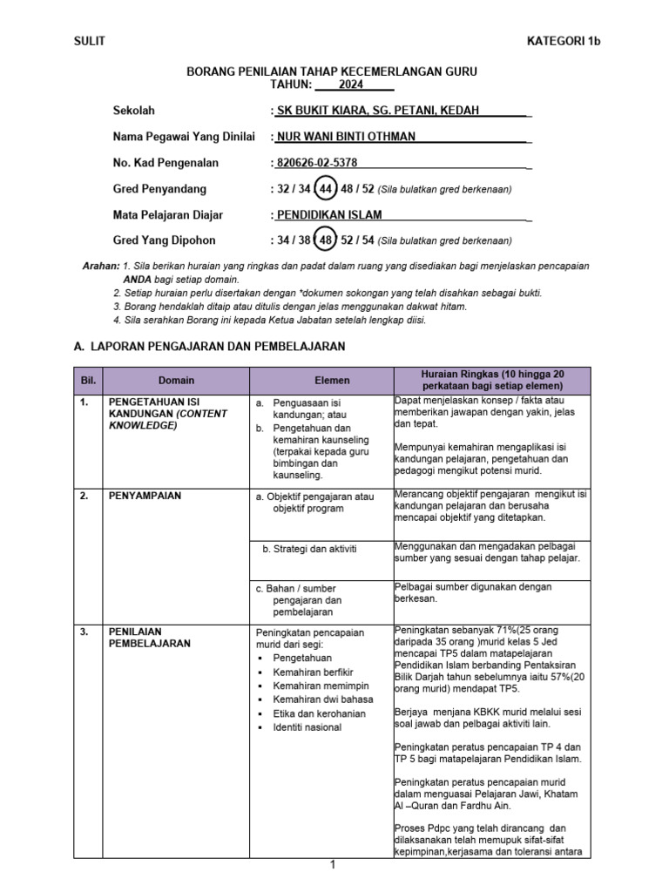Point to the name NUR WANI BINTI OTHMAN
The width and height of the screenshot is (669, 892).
[x=346, y=137]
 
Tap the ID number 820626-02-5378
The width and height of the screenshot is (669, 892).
[x=317, y=163]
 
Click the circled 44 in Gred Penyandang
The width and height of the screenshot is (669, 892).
[x=326, y=189]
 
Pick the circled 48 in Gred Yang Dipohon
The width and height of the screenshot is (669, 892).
[x=326, y=240]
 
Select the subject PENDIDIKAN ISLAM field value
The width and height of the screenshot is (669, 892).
[x=329, y=215]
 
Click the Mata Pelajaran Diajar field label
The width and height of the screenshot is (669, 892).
[x=168, y=215]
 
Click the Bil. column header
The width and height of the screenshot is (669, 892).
[x=88, y=381]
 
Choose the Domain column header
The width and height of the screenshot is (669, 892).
[x=176, y=381]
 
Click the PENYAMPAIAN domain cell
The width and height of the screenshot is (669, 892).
[x=145, y=496]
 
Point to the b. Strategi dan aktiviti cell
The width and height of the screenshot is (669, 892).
[x=309, y=549]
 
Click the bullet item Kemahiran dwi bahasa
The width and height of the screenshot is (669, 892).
[x=323, y=699]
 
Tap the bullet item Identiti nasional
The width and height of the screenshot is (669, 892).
[x=307, y=727]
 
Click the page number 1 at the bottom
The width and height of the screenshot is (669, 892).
[x=332, y=865]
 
